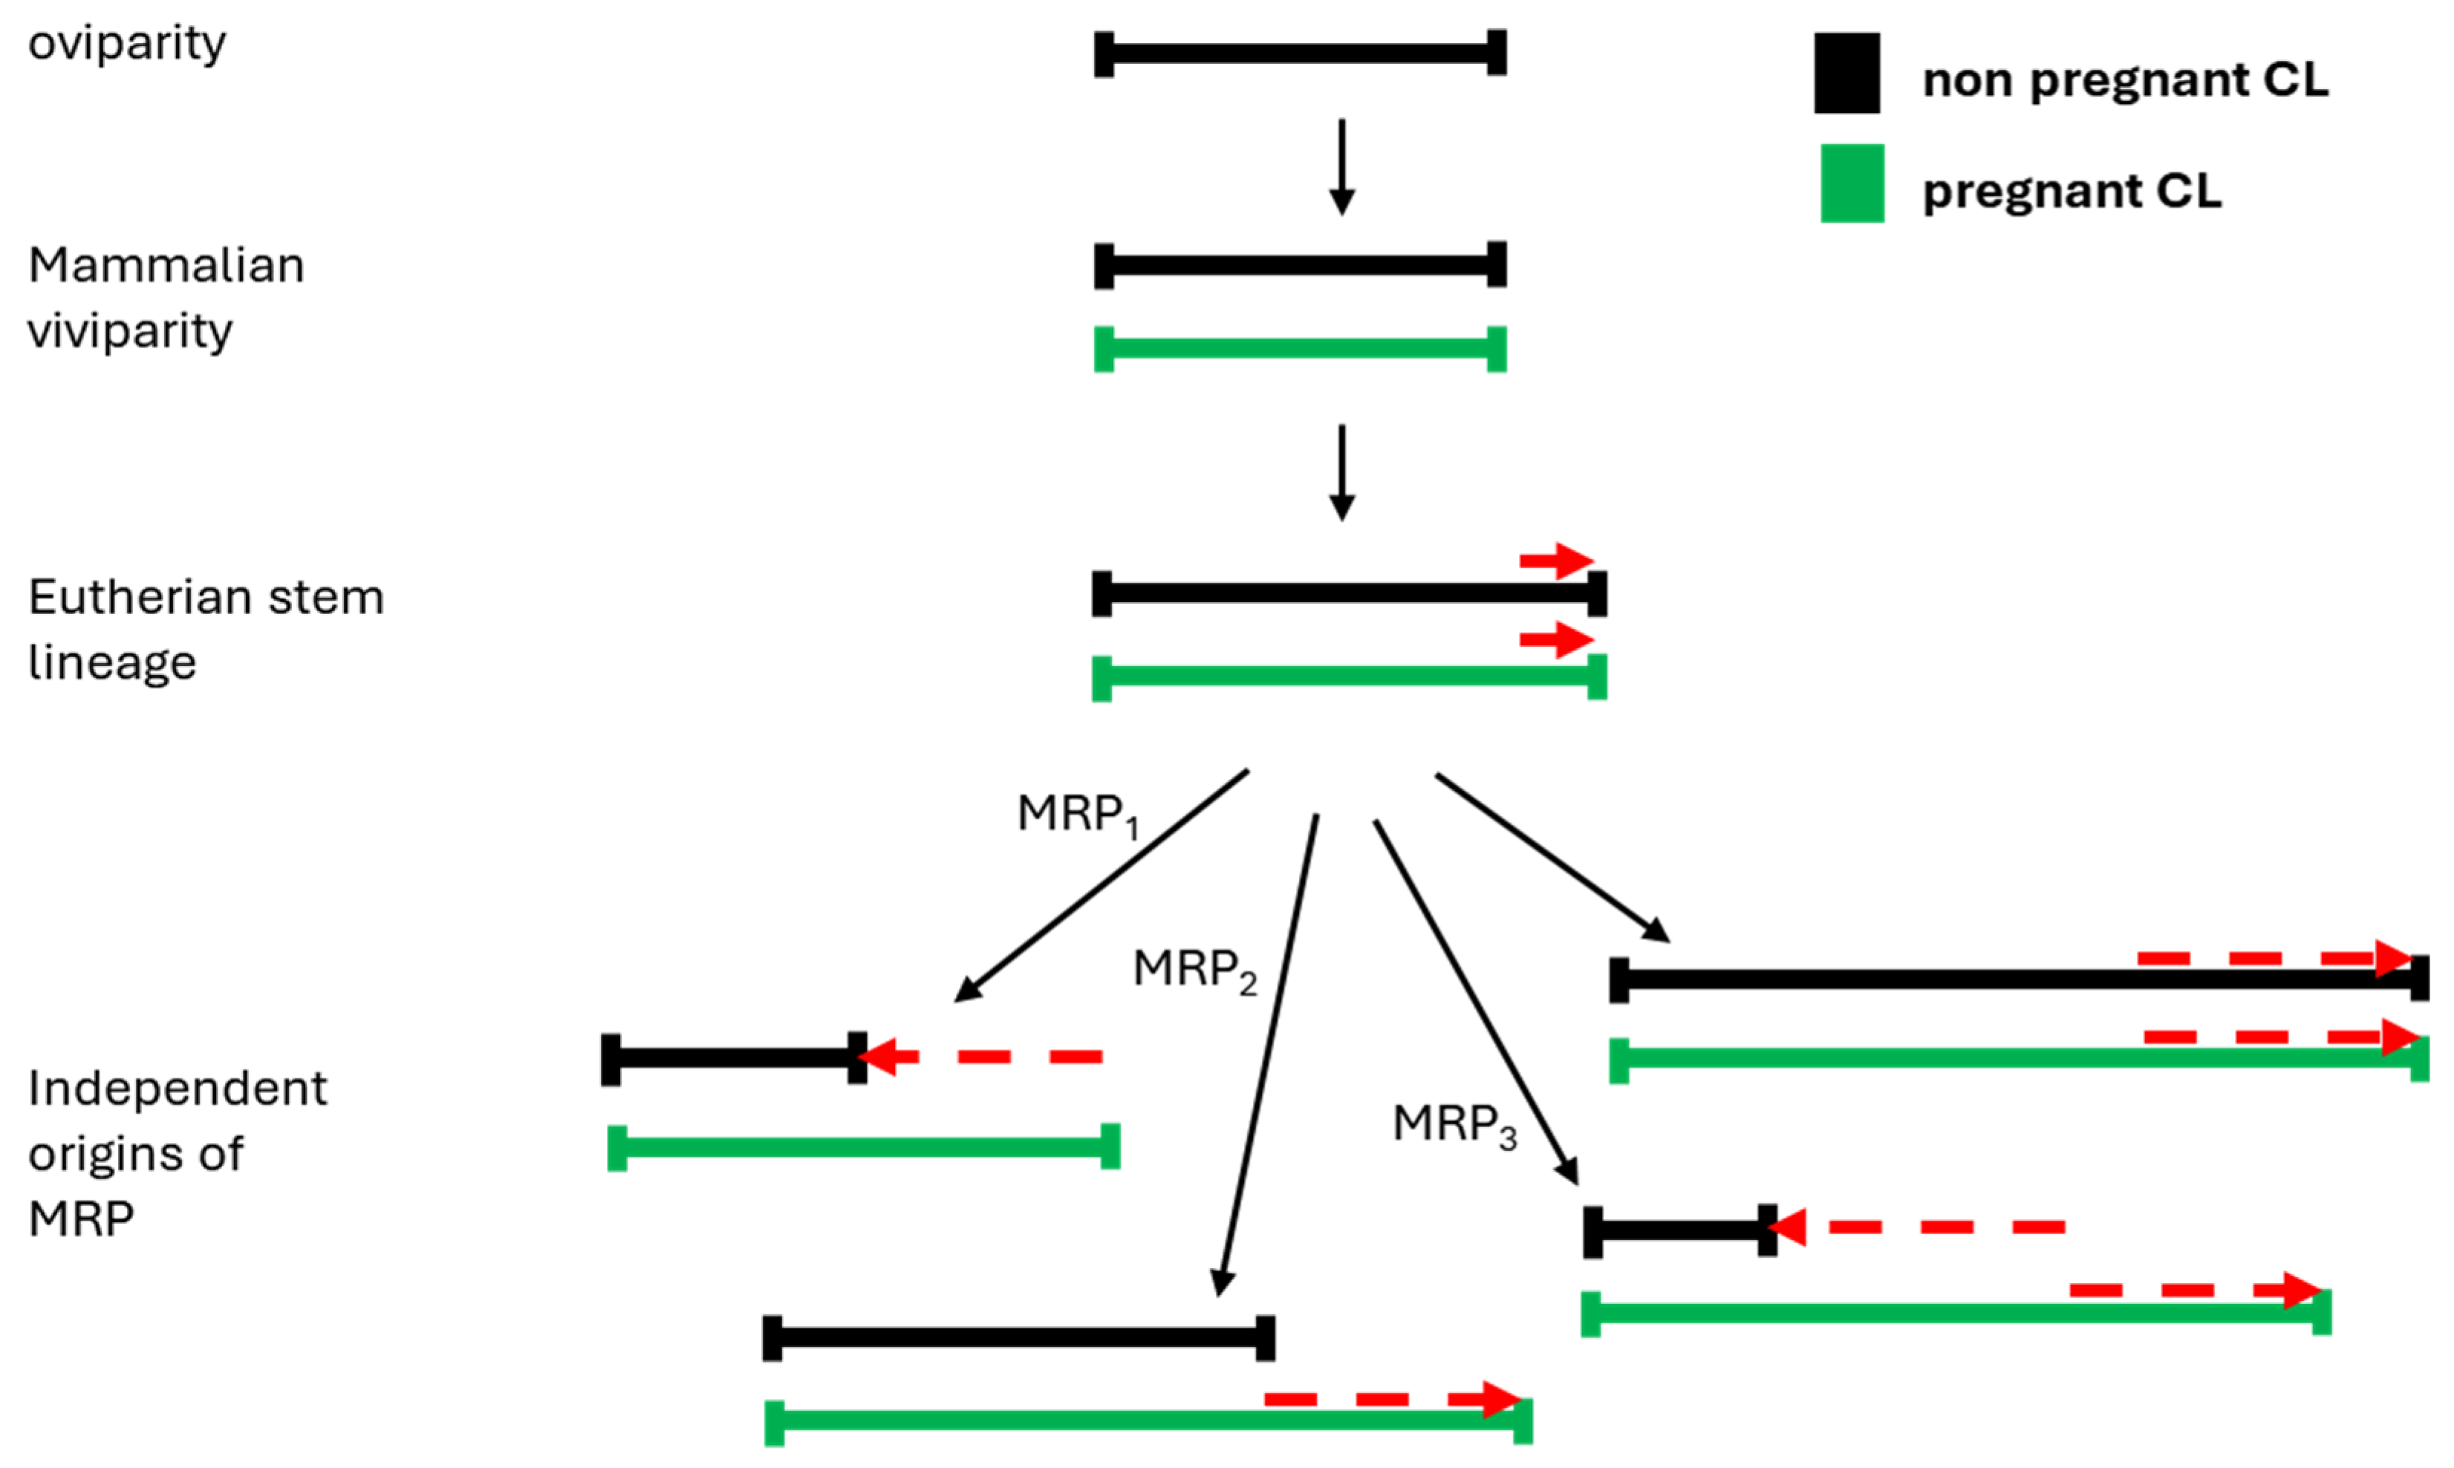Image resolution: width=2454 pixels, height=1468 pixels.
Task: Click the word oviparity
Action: point(127,45)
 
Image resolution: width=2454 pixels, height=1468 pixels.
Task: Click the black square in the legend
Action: point(1846,74)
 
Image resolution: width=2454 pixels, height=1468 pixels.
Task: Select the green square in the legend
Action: point(1852,184)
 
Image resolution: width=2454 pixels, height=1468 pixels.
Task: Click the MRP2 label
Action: point(1194,970)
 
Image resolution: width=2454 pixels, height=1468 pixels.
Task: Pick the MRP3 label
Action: point(1454,1126)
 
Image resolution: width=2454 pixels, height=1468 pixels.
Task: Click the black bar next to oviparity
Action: point(1301,53)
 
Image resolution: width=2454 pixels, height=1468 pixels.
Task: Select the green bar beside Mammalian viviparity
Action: point(1301,348)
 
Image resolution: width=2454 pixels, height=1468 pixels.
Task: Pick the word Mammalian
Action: point(166,266)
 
